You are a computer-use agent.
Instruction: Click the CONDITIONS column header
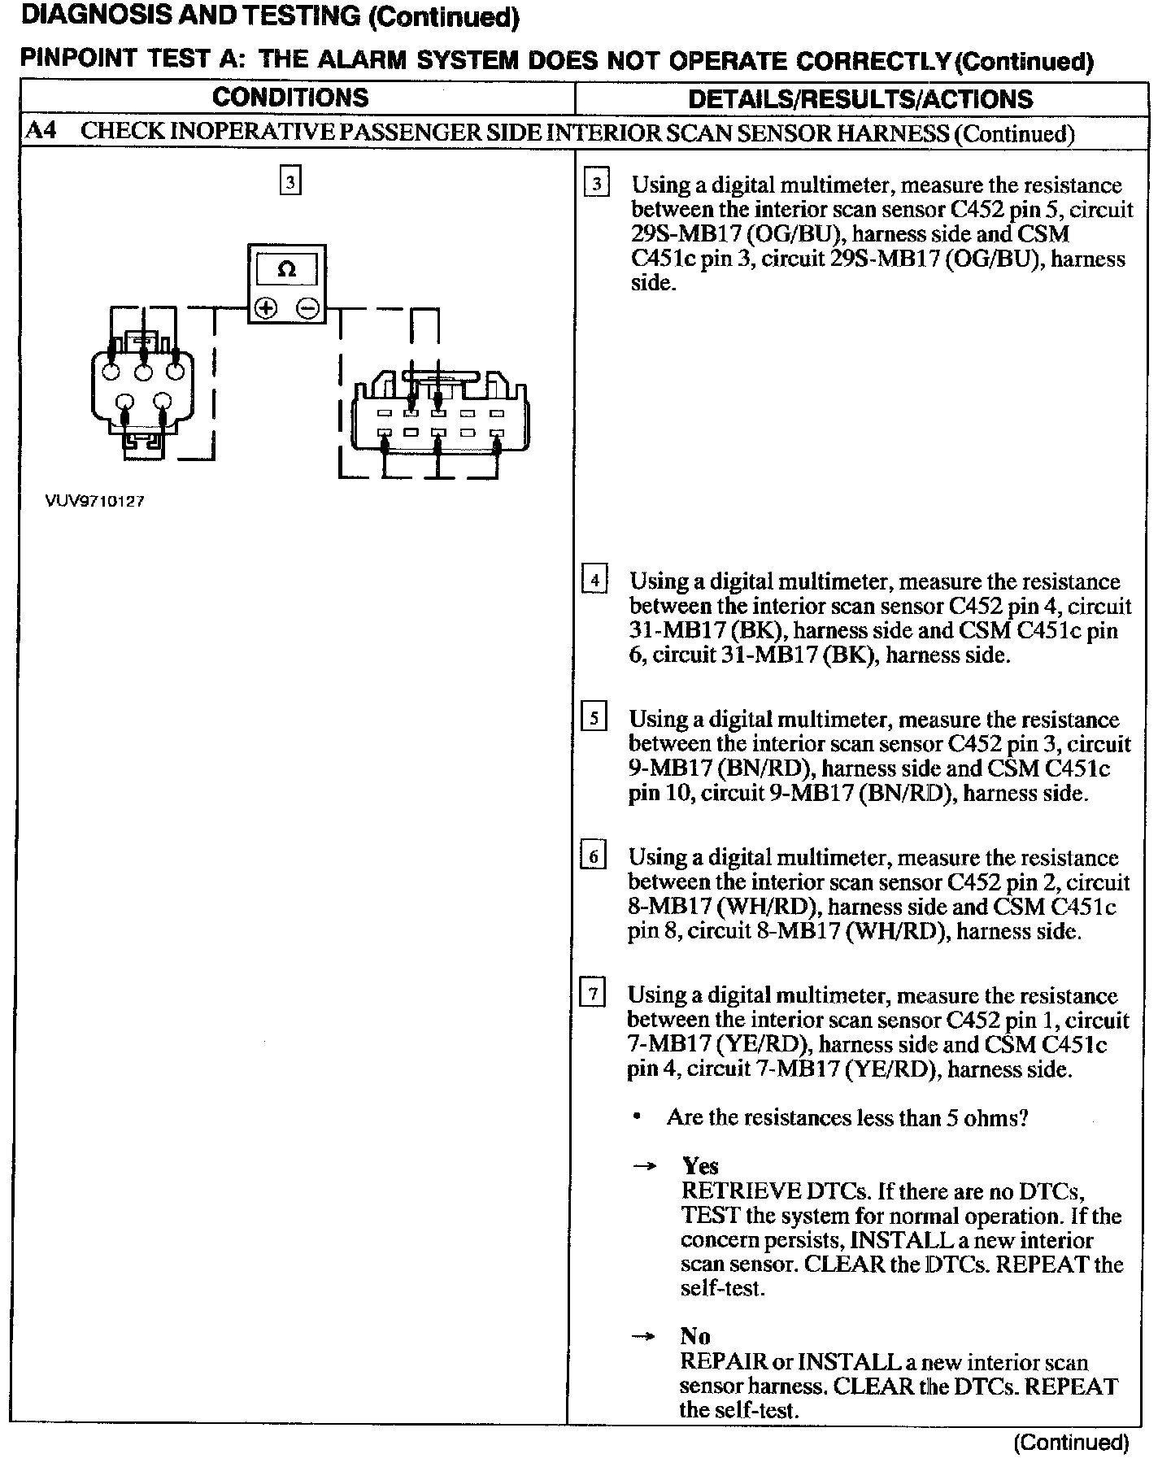(290, 98)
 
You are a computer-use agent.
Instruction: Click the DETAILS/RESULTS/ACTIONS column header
(860, 99)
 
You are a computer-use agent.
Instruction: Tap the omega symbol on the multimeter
(286, 269)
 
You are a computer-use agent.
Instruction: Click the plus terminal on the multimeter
(266, 307)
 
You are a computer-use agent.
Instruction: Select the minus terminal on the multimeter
(306, 308)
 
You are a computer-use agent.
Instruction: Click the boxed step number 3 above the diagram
(290, 180)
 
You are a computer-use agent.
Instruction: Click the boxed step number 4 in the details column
(594, 580)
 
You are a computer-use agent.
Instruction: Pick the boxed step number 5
(594, 718)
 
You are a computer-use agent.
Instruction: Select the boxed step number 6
(594, 856)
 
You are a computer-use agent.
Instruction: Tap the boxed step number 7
(592, 994)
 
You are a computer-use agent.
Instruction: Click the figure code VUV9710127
(94, 502)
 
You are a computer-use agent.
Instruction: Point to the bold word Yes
(699, 1166)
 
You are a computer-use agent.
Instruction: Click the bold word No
(695, 1336)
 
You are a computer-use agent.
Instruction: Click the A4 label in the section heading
(41, 131)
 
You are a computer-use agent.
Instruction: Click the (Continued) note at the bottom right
(1071, 1442)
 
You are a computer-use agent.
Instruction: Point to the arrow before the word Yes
(645, 1167)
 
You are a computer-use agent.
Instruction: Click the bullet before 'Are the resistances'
(637, 1117)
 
